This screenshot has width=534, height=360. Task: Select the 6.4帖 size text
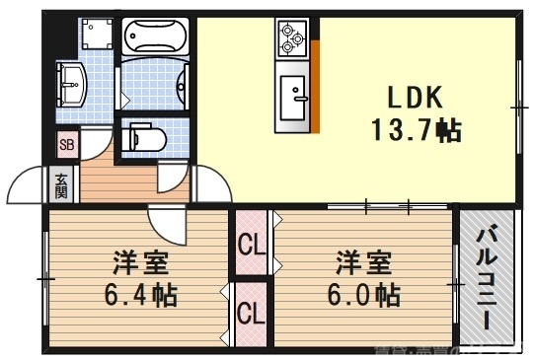[139, 294]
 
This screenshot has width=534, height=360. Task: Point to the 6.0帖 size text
[364, 294]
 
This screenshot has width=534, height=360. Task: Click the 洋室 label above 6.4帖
[139, 263]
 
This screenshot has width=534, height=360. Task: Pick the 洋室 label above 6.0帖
[364, 263]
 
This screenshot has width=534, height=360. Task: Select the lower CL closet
[251, 315]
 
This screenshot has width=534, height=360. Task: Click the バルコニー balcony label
[487, 279]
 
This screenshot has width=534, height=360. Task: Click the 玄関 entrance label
[61, 184]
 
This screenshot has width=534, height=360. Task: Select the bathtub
[157, 38]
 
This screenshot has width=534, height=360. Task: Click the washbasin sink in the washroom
[71, 84]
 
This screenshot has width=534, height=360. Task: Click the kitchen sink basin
[293, 97]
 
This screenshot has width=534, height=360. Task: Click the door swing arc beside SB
[97, 148]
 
